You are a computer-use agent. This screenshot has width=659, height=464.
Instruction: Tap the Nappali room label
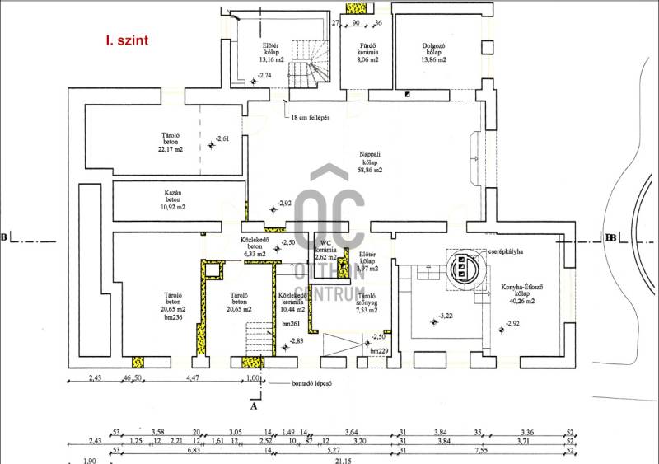point(370,162)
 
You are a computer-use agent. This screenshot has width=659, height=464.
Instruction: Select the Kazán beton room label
point(173,199)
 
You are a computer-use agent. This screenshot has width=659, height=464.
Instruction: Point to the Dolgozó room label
point(433,52)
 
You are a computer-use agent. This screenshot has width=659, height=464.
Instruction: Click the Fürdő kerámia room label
point(367,52)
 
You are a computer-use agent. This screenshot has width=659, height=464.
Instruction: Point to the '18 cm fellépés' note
point(310,118)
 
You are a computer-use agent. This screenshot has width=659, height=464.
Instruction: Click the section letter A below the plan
point(254,405)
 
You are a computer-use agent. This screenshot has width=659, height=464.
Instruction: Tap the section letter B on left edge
point(4,238)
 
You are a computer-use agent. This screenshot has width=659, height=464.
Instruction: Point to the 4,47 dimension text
point(192,378)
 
